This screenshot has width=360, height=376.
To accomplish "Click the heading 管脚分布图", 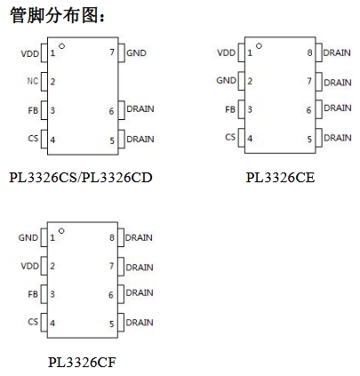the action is click(54, 15).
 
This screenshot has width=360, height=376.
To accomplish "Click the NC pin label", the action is click(33, 81).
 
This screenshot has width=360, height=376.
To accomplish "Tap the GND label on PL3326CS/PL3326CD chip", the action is click(136, 53).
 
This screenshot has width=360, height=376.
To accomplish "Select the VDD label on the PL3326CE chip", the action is click(227, 52).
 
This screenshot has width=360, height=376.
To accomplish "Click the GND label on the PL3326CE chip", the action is click(227, 80).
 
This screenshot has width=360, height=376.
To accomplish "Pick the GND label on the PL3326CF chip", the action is click(28, 237).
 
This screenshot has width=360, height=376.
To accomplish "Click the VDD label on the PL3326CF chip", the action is click(30, 266).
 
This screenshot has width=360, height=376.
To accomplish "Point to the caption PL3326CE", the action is click(280, 177).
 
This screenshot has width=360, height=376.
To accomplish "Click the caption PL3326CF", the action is click(82, 362).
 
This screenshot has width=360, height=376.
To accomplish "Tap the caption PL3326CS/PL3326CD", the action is click(81, 177).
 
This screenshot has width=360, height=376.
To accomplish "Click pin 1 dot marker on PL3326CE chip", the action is click(259, 46).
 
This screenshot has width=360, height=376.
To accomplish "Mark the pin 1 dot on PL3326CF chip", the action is click(61, 231).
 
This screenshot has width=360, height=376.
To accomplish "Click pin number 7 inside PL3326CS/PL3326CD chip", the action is click(112, 52).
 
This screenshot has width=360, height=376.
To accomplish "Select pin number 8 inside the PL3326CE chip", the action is click(309, 52).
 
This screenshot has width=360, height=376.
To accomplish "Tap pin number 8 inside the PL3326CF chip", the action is click(112, 237).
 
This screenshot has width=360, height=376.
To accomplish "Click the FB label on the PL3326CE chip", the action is click(230, 109).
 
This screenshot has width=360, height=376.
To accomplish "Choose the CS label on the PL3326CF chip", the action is click(33, 322).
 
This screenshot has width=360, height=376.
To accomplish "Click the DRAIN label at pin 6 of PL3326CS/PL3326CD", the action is click(140, 109).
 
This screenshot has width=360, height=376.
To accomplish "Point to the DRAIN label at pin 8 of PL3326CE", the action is click(337, 52).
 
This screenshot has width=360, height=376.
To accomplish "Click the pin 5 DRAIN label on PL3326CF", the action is click(140, 323).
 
